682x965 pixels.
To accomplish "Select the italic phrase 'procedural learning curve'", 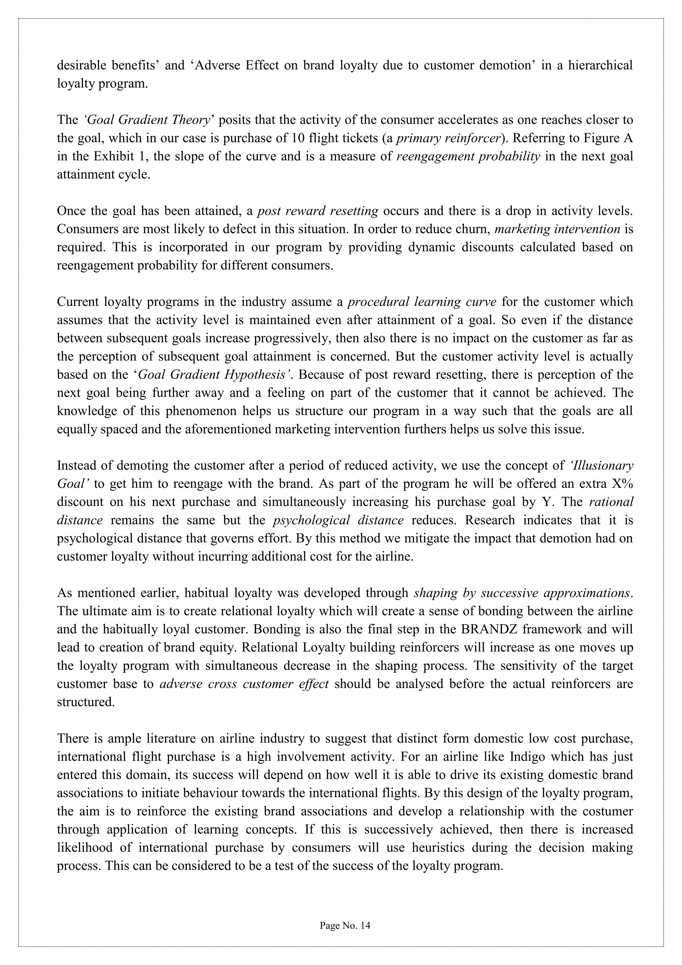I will [422, 302].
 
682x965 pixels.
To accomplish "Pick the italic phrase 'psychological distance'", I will [338, 520].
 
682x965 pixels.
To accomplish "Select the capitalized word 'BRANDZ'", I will [485, 629].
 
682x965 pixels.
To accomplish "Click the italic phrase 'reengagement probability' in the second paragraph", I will [468, 156].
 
